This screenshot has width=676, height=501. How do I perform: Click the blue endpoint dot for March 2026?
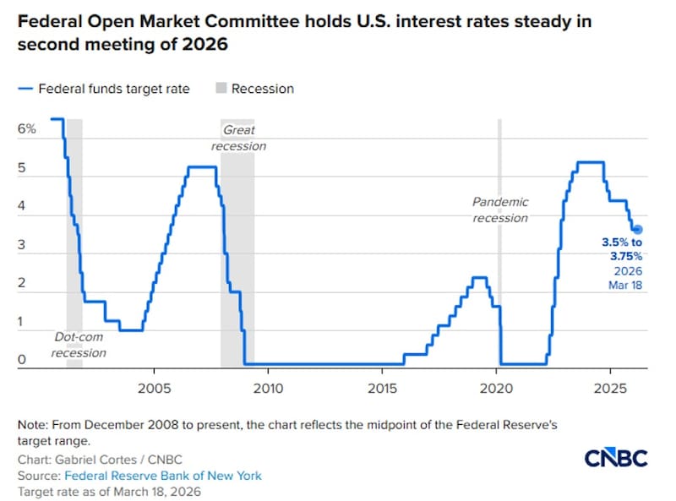(638, 229)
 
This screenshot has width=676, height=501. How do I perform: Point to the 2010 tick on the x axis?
(267, 389)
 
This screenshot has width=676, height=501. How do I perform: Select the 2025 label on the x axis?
(610, 389)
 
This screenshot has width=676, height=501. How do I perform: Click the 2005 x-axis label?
(153, 389)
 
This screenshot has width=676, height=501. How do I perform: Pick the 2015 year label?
(382, 389)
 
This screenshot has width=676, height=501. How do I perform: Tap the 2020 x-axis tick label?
(496, 389)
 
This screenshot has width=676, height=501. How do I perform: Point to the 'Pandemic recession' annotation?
(500, 210)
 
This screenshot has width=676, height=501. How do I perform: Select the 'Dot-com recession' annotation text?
(79, 345)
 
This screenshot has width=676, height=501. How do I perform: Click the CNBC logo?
(615, 458)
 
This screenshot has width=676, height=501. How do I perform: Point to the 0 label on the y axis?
(23, 361)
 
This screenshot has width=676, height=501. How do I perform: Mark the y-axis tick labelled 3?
(23, 246)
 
